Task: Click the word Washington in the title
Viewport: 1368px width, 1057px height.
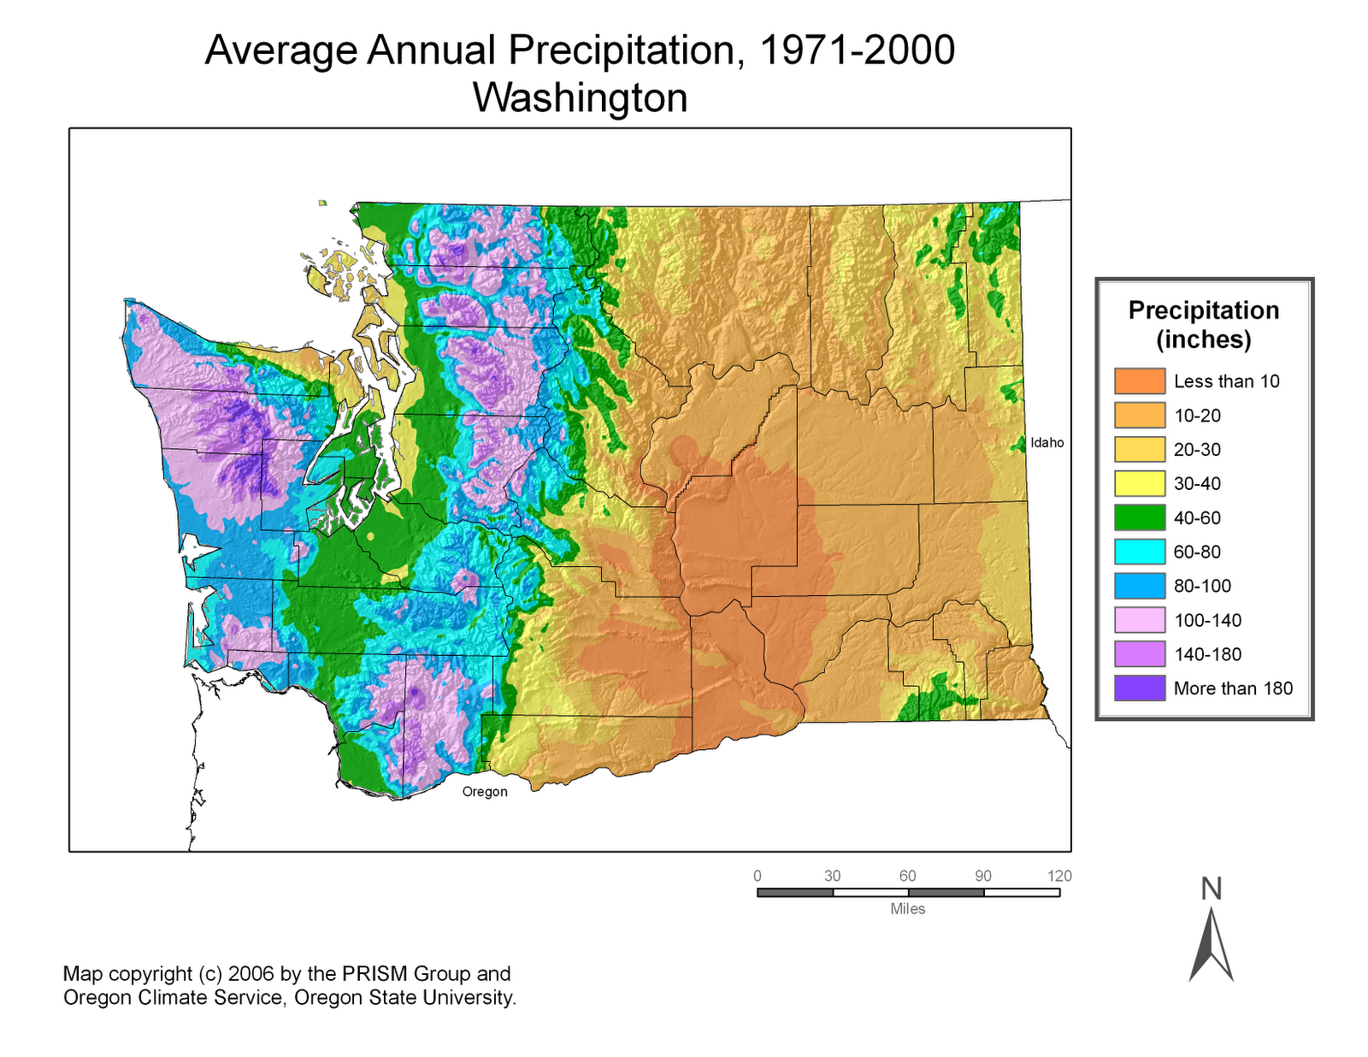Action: point(580,97)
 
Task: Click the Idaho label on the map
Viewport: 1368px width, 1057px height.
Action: point(1047,443)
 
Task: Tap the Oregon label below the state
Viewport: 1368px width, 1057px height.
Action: point(485,792)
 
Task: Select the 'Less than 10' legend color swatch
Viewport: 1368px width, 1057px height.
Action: point(1139,381)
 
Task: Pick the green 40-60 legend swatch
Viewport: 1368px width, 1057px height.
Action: point(1139,517)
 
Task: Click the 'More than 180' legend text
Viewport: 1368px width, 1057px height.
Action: point(1233,688)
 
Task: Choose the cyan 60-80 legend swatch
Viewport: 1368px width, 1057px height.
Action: point(1139,552)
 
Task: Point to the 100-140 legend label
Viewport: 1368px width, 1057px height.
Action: point(1207,620)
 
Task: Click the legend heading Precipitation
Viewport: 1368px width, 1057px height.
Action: point(1203,310)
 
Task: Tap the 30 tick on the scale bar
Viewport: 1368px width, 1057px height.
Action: point(833,877)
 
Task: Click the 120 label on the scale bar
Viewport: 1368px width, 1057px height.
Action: point(1059,877)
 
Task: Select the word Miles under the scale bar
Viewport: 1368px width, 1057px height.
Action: point(907,909)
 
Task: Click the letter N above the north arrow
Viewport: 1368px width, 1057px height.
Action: point(1211,889)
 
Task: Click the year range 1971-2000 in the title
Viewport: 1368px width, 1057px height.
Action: point(856,50)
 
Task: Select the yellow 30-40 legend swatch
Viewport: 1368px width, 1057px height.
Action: point(1139,483)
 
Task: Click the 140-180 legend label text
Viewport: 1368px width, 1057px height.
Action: point(1207,654)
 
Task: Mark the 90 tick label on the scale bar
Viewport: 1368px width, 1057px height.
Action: point(983,877)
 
